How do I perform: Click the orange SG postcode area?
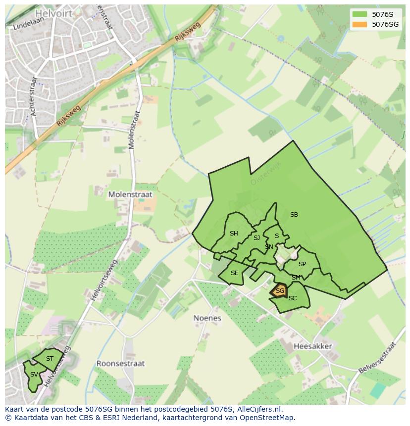(279, 291)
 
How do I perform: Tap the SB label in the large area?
(294, 215)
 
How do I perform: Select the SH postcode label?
(234, 234)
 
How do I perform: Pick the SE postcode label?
(234, 273)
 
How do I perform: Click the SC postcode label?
(293, 298)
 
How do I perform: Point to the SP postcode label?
(302, 264)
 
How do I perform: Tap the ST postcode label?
(50, 359)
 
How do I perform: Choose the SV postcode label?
(34, 375)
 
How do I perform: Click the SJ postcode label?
(256, 238)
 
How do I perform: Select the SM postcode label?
(296, 278)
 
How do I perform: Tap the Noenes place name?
(207, 318)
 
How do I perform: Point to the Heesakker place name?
(312, 346)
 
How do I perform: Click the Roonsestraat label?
(120, 363)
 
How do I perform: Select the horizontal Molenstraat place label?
(130, 195)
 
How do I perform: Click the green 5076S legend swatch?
(359, 14)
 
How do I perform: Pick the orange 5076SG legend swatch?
(359, 24)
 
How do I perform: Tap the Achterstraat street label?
(34, 96)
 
